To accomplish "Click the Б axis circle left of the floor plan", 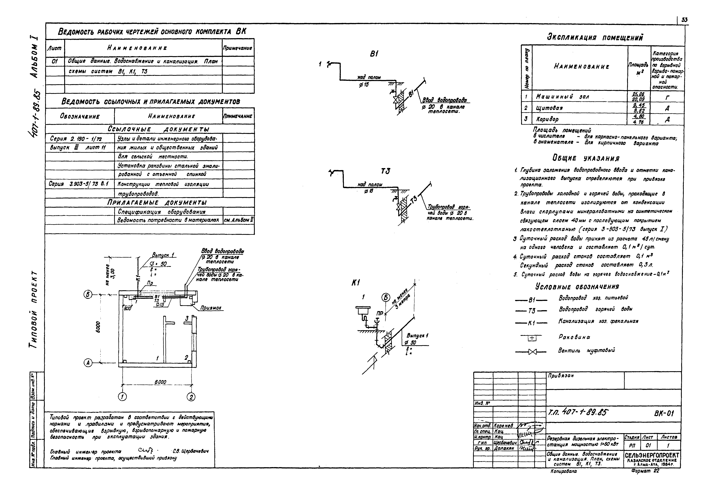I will click(88, 295).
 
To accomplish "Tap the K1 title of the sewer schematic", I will click(356, 283).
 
